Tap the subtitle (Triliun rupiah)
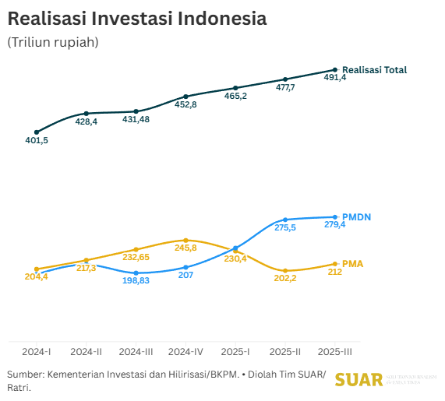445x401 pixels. point(52,42)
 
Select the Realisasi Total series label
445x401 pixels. point(374,70)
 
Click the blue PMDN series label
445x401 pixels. point(357,216)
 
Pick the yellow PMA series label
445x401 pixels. point(353,264)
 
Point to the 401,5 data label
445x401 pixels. point(37,140)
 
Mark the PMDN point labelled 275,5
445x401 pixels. point(286,220)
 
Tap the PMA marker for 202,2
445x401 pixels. point(286,270)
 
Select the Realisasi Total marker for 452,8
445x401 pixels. point(185,96)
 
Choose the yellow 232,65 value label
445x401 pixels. point(136,257)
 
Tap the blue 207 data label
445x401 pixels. point(185,276)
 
